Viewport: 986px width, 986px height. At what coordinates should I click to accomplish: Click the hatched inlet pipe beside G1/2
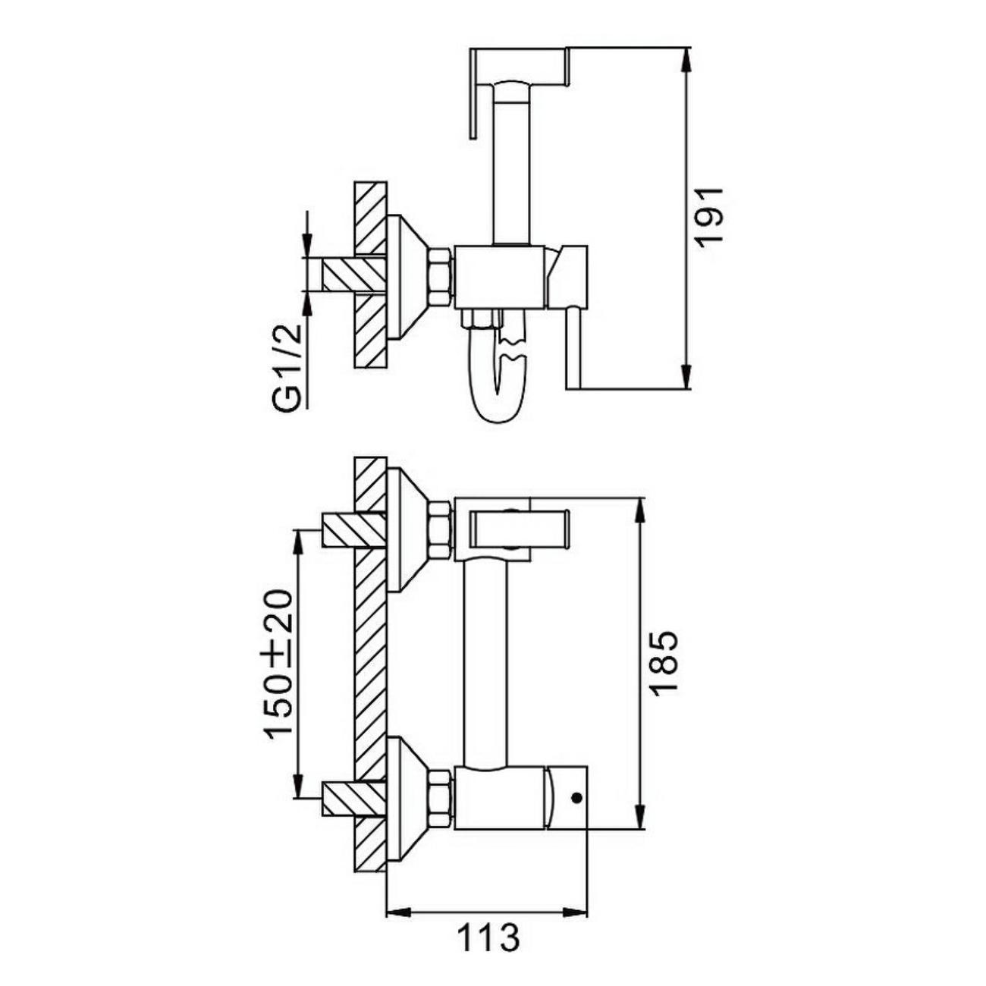[x=353, y=275]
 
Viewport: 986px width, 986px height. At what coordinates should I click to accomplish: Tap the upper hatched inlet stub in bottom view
[x=353, y=529]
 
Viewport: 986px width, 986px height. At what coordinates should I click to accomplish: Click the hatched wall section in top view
[x=369, y=275]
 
